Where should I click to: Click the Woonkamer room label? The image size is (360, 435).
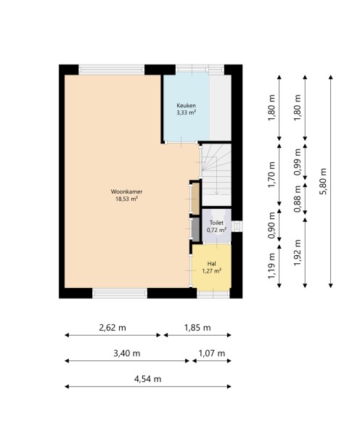point(126,191)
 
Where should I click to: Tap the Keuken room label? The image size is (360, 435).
point(186,105)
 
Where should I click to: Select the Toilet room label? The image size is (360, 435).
point(216,223)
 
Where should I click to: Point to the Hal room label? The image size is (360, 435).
point(212,264)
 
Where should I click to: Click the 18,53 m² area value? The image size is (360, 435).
point(127,199)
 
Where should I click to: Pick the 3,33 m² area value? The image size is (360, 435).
point(186,112)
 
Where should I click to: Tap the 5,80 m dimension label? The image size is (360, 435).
point(323,181)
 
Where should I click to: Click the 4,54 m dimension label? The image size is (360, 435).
point(147,379)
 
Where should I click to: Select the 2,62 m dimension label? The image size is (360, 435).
point(112,328)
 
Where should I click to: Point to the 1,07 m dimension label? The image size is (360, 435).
point(212,354)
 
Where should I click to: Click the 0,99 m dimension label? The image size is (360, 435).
point(298,162)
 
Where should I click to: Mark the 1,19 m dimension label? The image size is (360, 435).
point(271,266)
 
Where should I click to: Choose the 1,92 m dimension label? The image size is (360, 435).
point(298,252)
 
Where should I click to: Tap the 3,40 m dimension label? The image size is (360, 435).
point(127,354)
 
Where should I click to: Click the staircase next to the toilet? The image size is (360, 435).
point(216,175)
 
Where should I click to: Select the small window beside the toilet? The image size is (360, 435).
point(237,225)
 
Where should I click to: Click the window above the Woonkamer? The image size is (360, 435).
point(112,70)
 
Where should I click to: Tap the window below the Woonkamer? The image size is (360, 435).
point(120,293)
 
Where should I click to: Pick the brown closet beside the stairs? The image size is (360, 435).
point(195,198)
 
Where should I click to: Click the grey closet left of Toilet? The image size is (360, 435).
point(195,229)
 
